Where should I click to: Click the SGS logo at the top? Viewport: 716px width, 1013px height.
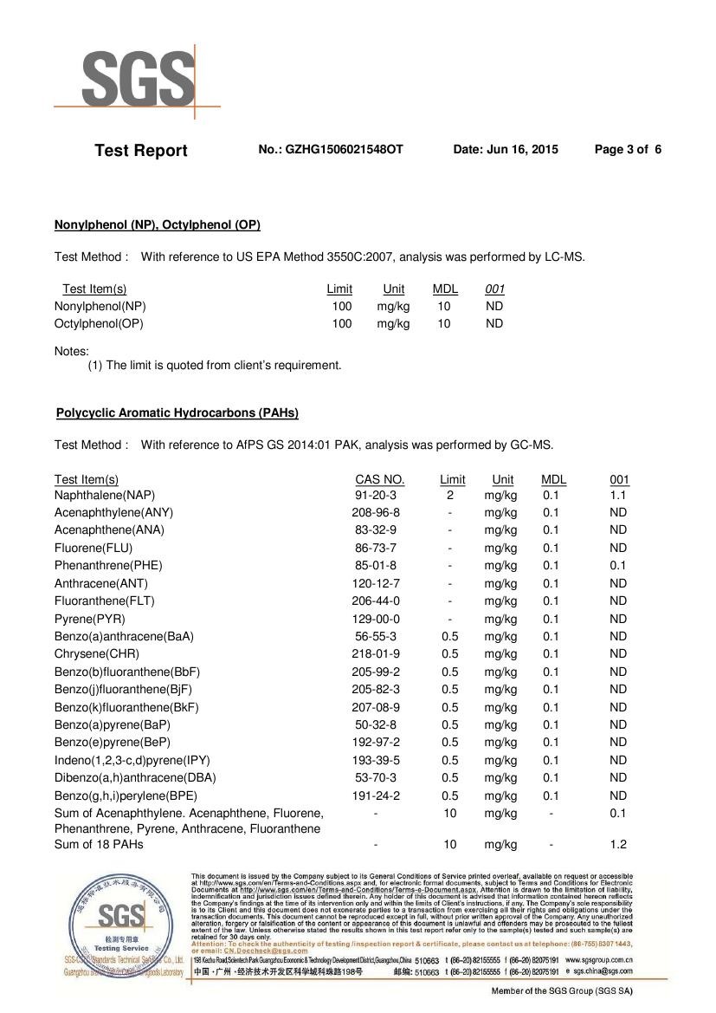click(x=138, y=80)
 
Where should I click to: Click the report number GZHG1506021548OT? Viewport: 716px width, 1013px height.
click(x=331, y=150)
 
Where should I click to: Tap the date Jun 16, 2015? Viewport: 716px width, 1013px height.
click(x=506, y=150)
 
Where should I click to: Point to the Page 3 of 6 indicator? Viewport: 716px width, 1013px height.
click(x=628, y=150)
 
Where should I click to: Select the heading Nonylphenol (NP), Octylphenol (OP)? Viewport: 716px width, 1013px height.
click(x=158, y=225)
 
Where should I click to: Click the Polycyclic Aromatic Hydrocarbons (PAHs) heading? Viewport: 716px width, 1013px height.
click(x=177, y=413)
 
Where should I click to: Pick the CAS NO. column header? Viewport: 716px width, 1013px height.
click(x=379, y=480)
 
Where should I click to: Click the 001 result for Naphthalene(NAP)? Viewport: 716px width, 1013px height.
click(x=617, y=496)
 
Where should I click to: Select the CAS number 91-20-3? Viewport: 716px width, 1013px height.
click(x=376, y=496)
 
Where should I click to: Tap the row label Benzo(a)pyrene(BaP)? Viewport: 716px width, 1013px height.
click(x=113, y=725)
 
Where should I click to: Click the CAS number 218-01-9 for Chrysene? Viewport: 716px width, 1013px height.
click(x=376, y=654)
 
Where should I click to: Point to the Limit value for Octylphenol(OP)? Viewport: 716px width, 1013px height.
click(x=342, y=324)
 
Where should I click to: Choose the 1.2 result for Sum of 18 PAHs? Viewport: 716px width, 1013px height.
click(x=617, y=845)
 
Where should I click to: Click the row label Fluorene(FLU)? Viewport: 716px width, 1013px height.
click(x=96, y=549)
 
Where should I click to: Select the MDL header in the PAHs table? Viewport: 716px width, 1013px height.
click(x=553, y=480)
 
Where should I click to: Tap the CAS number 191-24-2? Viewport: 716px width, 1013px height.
click(x=376, y=796)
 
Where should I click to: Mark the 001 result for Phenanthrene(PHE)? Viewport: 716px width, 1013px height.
click(x=617, y=566)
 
